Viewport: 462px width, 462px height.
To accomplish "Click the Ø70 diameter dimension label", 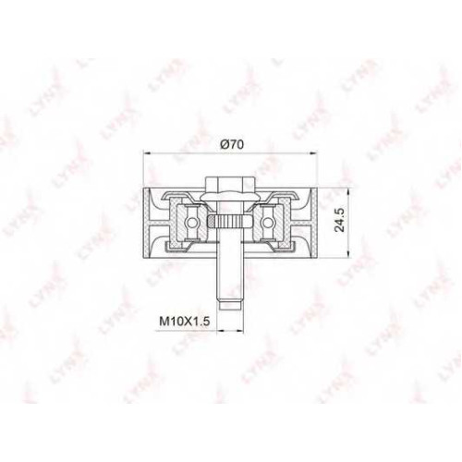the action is coord(233,144).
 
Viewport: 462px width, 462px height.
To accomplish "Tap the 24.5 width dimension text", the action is coord(340,219).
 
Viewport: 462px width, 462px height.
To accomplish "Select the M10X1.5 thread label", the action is coord(185,322).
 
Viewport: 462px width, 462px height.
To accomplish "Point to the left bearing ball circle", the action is coord(192,222).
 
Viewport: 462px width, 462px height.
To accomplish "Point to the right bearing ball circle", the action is coord(268,222).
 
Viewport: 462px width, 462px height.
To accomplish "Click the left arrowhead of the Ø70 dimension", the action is coord(148,152).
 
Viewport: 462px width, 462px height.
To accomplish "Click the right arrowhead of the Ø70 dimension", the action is coord(312,152).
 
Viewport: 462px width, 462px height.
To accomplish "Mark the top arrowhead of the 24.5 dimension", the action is coord(348,191).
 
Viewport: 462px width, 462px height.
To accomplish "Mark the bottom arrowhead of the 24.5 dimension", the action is coord(348,252).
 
